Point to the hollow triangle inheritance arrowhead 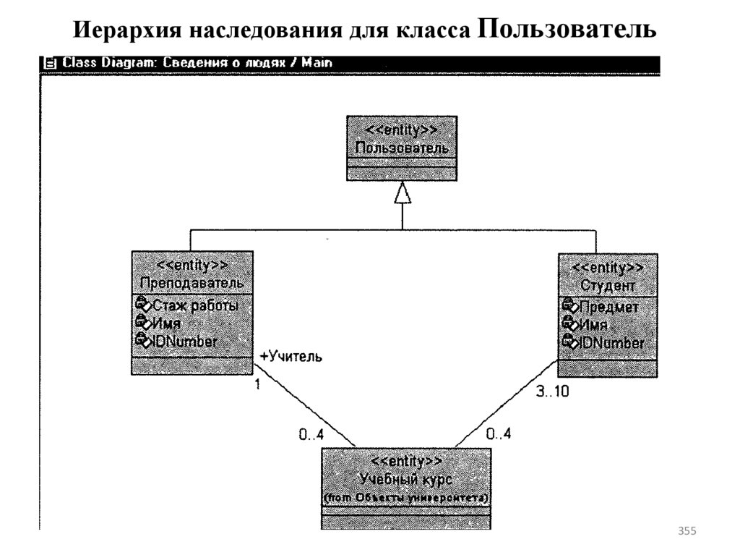coord(403,192)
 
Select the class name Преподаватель coord(192,281)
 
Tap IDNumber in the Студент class coord(611,343)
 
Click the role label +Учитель coord(291,357)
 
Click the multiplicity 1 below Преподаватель coord(257,385)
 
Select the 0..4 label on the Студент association coord(498,435)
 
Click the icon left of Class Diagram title coord(50,63)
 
